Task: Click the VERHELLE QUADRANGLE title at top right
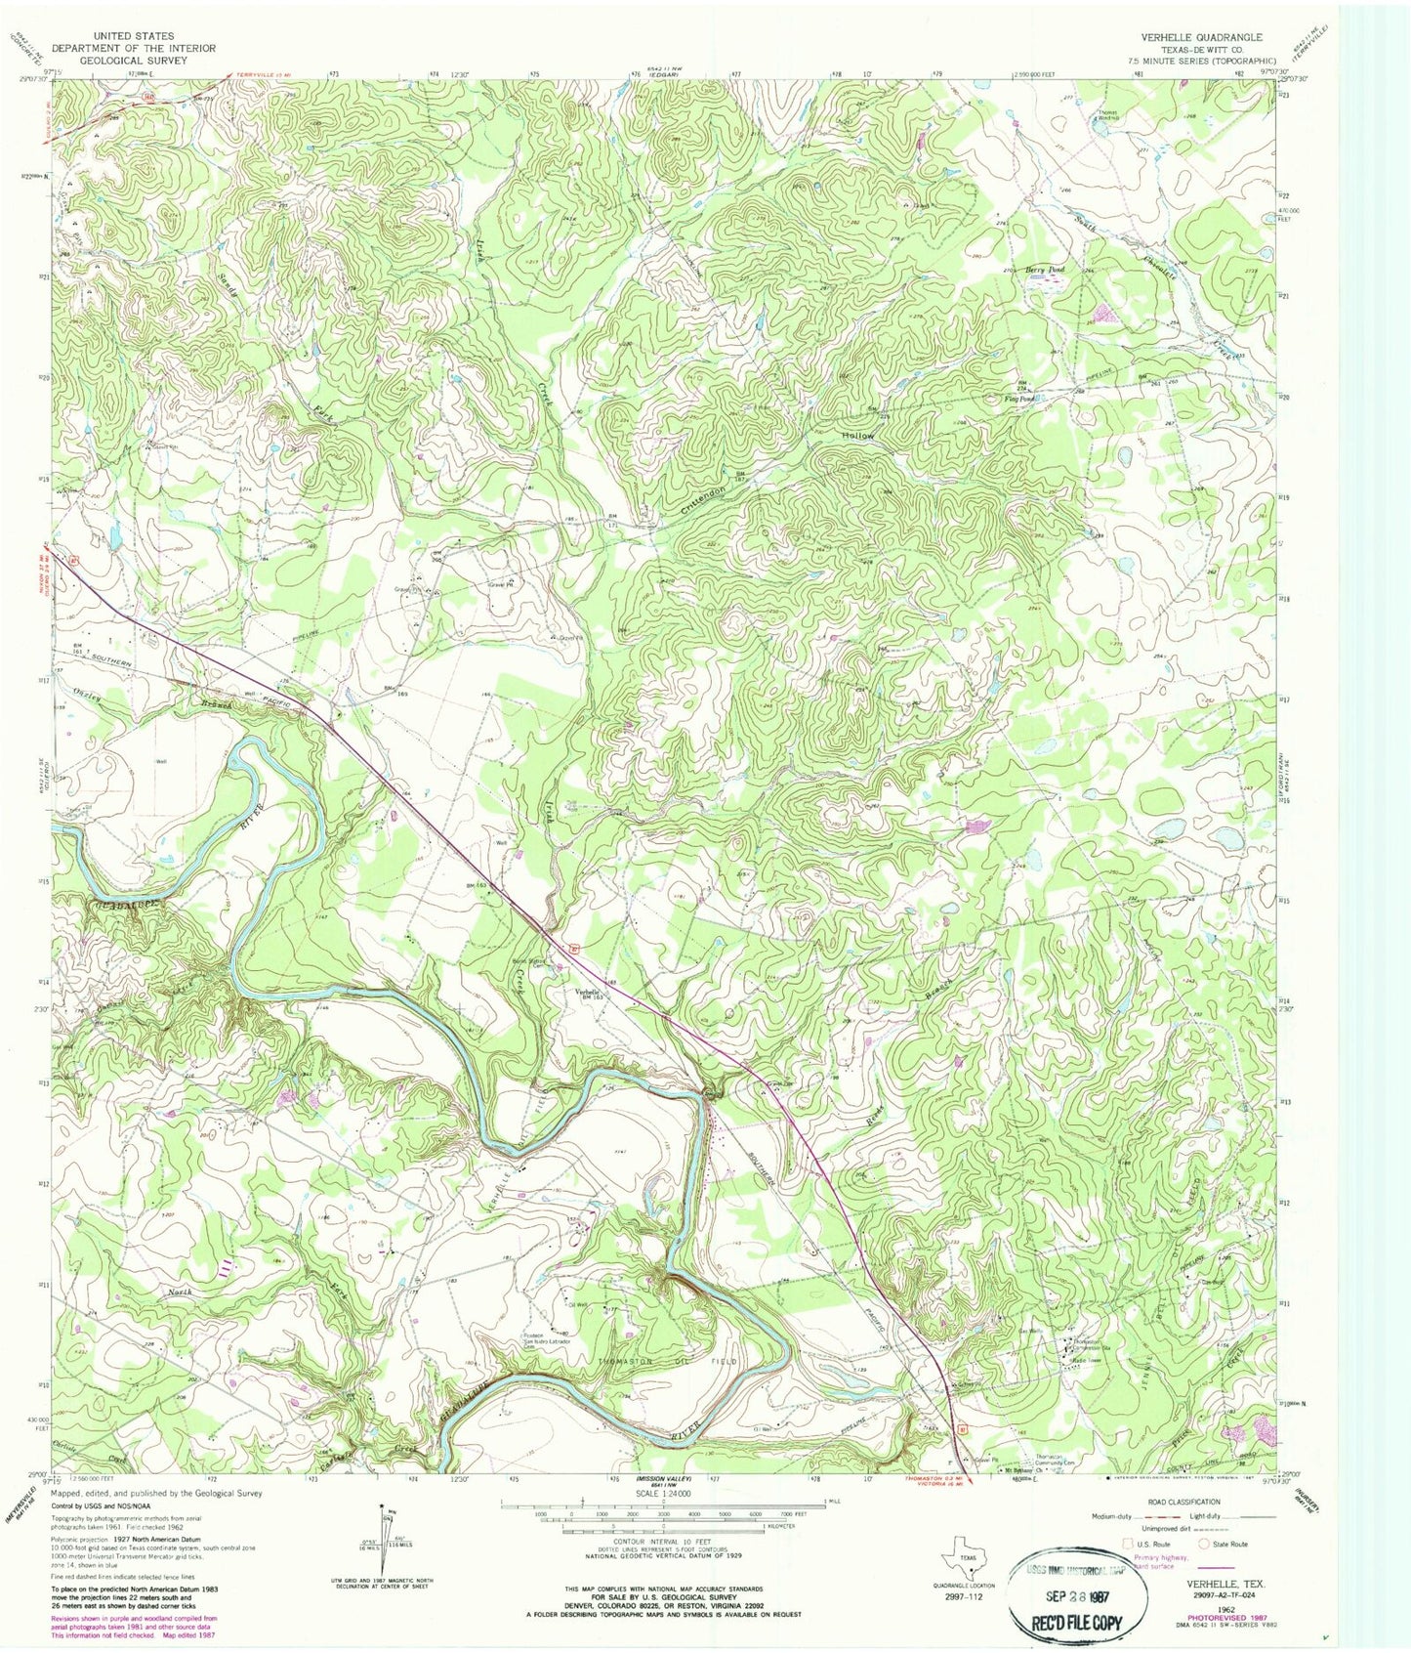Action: pos(1201,37)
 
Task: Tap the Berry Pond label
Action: pos(1042,268)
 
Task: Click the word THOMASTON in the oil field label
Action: pos(623,1361)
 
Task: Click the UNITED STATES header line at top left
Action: pos(134,36)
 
